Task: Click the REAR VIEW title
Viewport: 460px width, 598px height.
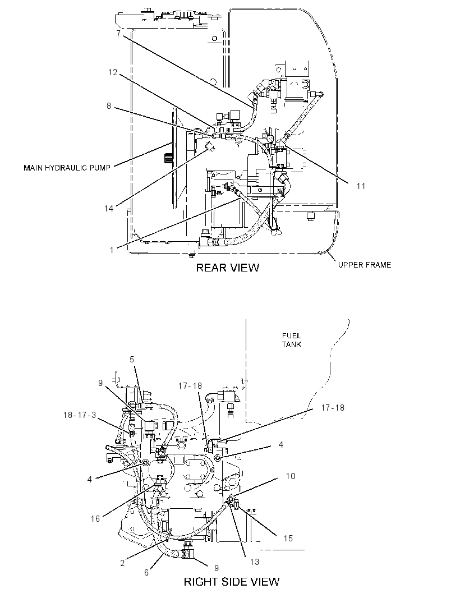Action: click(227, 268)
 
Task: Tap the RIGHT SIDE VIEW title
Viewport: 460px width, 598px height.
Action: click(232, 582)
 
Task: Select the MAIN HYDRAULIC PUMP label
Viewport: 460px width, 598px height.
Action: click(67, 167)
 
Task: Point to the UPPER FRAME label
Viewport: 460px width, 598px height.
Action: click(365, 265)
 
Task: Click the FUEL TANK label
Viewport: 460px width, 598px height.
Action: click(292, 340)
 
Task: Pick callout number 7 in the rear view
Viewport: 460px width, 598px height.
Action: click(118, 34)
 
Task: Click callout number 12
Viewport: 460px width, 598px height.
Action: click(113, 72)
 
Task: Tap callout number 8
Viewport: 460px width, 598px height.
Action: click(109, 105)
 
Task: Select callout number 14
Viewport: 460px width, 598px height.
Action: click(109, 208)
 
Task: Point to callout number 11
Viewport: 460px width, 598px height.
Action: click(361, 186)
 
